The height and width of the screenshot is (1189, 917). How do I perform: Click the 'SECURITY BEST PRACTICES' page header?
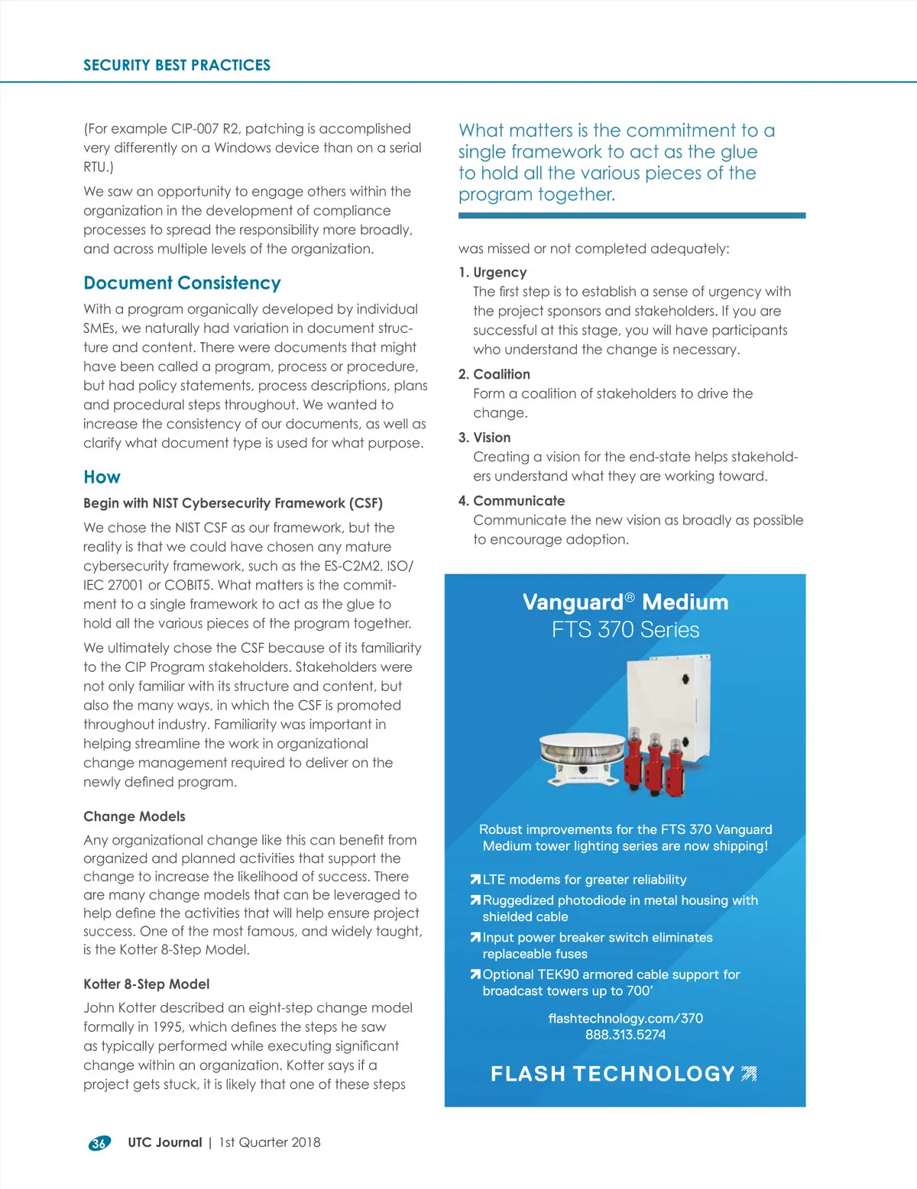[x=177, y=65]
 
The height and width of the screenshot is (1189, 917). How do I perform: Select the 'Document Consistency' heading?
[x=182, y=283]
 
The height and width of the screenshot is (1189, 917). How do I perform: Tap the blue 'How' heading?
[x=102, y=477]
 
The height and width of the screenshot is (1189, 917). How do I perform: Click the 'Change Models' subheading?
[x=134, y=816]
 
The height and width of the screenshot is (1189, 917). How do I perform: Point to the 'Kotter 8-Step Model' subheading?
[x=146, y=984]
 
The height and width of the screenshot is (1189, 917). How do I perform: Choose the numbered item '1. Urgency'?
[x=492, y=273]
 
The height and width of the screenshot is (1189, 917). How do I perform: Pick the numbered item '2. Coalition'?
[x=494, y=374]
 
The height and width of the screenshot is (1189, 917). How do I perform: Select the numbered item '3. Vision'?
[x=484, y=438]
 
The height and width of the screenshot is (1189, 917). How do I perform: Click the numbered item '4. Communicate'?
[x=511, y=501]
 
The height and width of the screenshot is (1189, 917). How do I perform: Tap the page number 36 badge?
[x=99, y=1143]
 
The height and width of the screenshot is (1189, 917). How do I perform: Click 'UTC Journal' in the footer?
[x=164, y=1142]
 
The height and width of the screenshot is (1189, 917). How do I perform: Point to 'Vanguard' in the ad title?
[x=573, y=603]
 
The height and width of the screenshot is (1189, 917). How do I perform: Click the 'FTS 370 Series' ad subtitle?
[x=625, y=630]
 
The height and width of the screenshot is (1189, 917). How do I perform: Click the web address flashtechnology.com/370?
[x=625, y=1019]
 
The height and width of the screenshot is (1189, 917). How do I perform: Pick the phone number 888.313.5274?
[x=625, y=1035]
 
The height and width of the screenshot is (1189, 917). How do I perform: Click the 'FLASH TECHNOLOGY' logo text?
[x=612, y=1074]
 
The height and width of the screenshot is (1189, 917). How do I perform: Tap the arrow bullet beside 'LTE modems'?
[x=475, y=880]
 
